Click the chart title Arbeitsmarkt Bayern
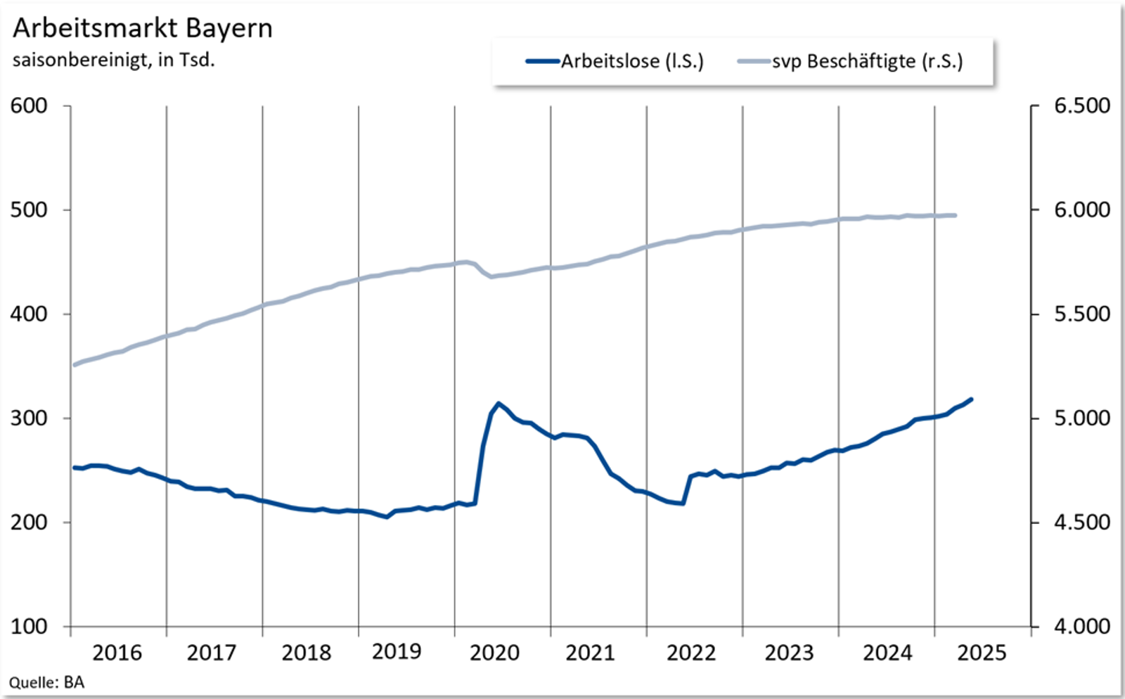coord(143,29)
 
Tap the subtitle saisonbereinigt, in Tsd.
coord(113,60)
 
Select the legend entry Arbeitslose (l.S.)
coord(631,61)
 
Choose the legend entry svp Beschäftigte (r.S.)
coord(867,61)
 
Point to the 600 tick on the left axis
coord(29,106)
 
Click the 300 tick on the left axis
coord(29,418)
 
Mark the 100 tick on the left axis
coord(29,627)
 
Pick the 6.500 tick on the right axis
coord(1081,106)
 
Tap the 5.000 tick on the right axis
coord(1081,418)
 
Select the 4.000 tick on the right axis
coord(1081,627)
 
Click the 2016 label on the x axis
coord(117,653)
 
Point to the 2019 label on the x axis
coord(397,652)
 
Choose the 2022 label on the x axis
coord(691,653)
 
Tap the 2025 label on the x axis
coord(982,653)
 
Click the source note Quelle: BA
coord(46,683)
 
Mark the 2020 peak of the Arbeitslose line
coord(499,404)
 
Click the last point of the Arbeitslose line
coord(971,399)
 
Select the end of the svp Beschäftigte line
coord(955,215)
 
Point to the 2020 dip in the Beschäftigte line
coord(491,277)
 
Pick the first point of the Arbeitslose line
coord(75,468)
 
